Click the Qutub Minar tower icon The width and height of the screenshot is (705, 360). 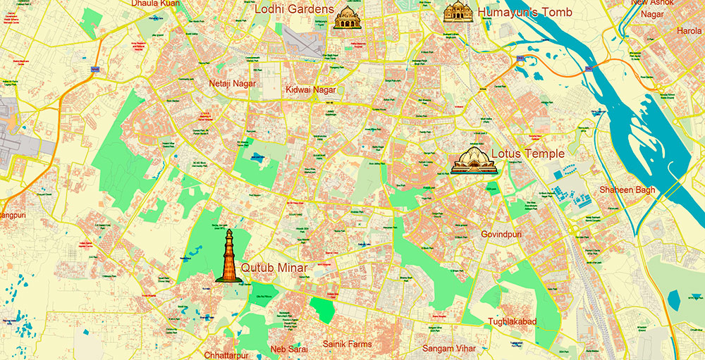(228, 256)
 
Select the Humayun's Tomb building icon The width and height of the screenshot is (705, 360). (458, 12)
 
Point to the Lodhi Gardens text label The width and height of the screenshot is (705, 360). (293, 9)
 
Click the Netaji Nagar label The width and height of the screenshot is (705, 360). (233, 83)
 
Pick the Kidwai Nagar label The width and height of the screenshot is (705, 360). (310, 89)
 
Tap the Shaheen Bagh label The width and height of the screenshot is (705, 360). (627, 190)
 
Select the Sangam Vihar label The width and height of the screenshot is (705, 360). (449, 348)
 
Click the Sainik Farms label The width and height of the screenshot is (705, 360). (347, 344)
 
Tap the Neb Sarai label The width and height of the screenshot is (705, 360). (290, 349)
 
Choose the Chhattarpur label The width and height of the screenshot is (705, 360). (227, 354)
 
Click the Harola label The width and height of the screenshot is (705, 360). (689, 31)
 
